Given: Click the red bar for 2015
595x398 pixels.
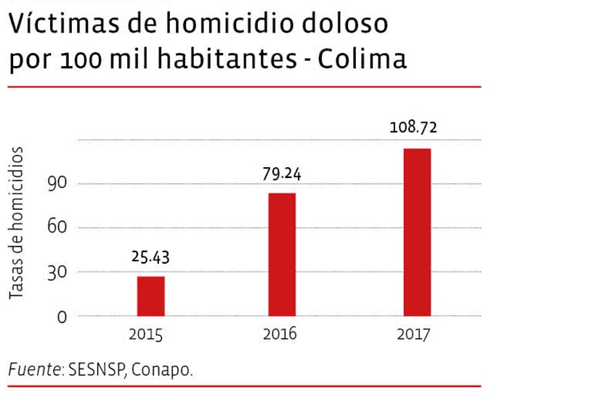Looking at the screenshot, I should point(151,296).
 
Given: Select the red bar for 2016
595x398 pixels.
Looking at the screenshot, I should point(282,254).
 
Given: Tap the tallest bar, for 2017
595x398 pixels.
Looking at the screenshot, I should point(417,232).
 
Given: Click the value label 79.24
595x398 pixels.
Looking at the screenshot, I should point(281,174).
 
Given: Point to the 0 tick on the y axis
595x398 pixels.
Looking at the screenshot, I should point(62,317).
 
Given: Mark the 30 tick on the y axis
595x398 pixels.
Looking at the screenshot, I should point(57,272).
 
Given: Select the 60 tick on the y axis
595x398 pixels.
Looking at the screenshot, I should point(57,227).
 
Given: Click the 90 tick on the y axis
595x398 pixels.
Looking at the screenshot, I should point(57,183).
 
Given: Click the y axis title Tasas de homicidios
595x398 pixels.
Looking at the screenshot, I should point(17,222).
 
